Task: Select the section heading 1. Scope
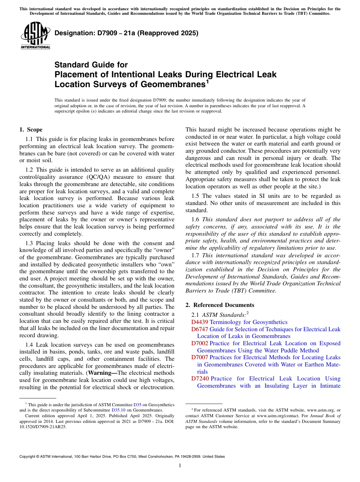(31, 130)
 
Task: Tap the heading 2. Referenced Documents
(220, 305)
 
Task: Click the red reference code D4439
(199, 322)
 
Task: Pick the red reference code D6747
(199, 329)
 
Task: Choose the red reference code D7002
(199, 343)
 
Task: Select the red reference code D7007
(199, 357)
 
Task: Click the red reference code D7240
(199, 379)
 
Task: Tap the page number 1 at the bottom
(180, 466)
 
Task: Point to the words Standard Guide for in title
(91, 65)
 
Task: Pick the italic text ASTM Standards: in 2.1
(224, 315)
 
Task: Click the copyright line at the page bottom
(122, 457)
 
